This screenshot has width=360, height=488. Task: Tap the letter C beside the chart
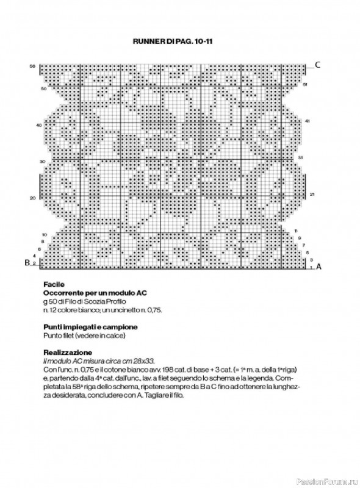(x=317, y=65)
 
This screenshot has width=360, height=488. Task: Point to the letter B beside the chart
(x=27, y=263)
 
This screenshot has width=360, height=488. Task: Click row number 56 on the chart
(x=32, y=65)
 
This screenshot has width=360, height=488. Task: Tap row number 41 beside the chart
(x=308, y=121)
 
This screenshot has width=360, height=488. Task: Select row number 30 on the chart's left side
(x=43, y=162)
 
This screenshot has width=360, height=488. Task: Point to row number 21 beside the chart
(x=311, y=194)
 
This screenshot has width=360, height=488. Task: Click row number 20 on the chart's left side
(x=32, y=198)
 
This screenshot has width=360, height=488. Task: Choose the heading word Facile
(x=54, y=284)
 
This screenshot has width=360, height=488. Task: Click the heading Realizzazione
(x=68, y=352)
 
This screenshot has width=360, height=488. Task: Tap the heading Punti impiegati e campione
(x=90, y=327)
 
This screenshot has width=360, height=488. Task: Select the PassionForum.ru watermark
(x=328, y=479)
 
